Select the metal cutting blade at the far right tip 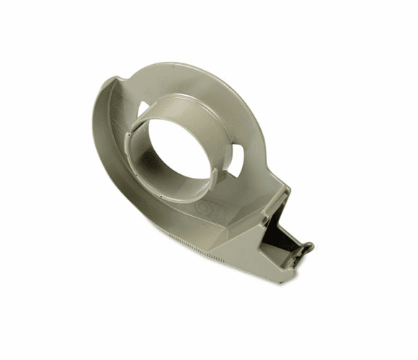pos(306,249)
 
